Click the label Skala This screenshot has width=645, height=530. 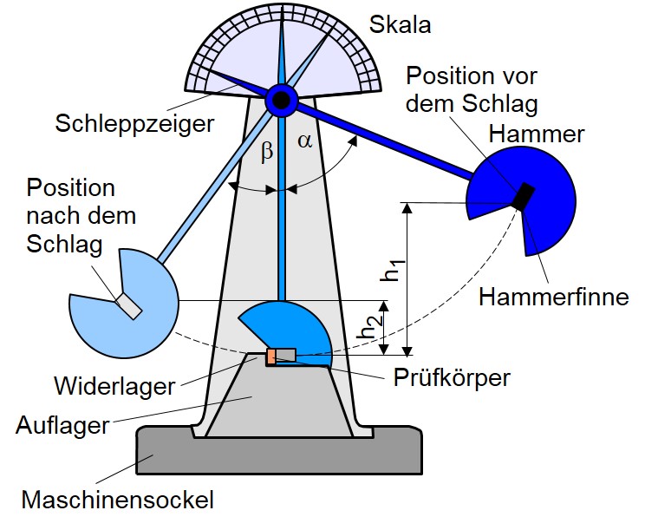[400, 24]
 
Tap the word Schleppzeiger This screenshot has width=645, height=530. [134, 123]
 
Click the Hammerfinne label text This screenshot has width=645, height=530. [554, 297]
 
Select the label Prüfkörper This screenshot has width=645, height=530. [452, 377]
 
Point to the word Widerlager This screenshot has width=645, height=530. [114, 386]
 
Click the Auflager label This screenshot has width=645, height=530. [63, 425]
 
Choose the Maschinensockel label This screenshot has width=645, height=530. [117, 500]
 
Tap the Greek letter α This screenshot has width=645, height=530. [305, 141]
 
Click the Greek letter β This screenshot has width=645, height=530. [266, 152]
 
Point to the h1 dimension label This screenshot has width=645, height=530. [394, 271]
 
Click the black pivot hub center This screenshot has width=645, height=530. [282, 100]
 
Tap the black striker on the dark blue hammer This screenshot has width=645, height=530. [524, 196]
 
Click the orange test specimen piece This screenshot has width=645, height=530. [271, 357]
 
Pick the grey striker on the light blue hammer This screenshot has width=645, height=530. [128, 305]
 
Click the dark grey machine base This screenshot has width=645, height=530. [280, 451]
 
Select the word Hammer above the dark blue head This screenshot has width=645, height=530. [537, 134]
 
